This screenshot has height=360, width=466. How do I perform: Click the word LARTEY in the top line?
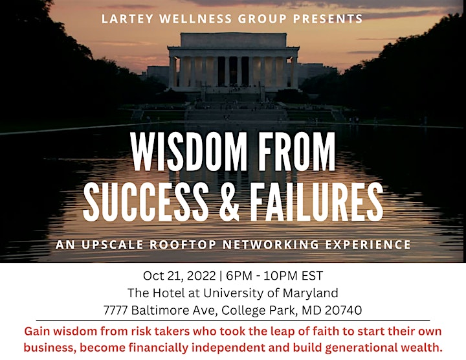[x=128, y=19]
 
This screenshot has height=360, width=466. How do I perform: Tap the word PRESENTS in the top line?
[x=327, y=19]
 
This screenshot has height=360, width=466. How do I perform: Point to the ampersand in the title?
[x=229, y=201]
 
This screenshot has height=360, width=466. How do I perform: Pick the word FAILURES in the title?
[x=316, y=201]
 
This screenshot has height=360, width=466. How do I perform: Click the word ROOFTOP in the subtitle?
[x=183, y=245]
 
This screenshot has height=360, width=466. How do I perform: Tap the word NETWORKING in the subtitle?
[x=271, y=245]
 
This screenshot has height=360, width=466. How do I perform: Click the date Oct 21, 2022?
[x=179, y=276]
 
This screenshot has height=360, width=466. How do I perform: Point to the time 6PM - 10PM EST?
[x=274, y=276]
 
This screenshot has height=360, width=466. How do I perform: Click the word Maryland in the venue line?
[x=310, y=293]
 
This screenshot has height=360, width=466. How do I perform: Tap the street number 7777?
[x=116, y=310]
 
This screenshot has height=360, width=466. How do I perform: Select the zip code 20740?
[x=343, y=310]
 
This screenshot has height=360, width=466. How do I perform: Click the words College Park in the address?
[x=260, y=311]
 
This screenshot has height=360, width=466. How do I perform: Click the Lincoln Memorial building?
[x=234, y=62]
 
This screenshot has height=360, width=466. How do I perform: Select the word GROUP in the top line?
[x=262, y=19]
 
